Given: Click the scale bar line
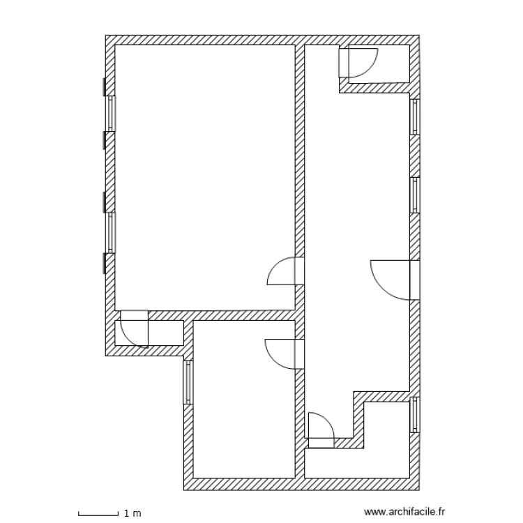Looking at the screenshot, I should pos(98,515).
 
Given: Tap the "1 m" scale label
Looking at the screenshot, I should pos(132,514).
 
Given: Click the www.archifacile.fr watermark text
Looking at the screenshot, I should pos(404,512).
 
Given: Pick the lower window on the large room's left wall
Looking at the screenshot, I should pos(110,232).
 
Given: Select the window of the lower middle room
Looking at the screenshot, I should pos(187,381).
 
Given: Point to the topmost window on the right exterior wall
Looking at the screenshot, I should pos(415,116).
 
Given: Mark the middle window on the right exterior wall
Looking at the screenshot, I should pos(415,195).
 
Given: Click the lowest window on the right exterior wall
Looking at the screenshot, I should pos(415,415).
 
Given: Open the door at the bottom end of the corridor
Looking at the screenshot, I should pos(321,429).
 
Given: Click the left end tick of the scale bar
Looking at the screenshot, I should pos(79,514).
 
